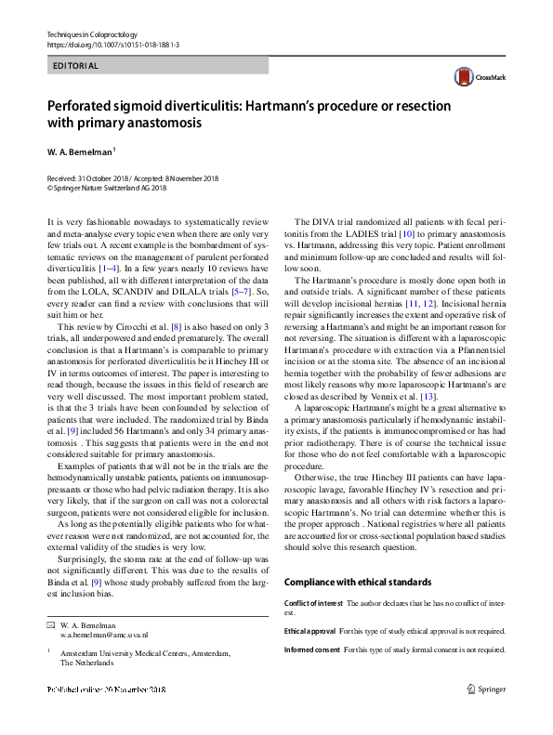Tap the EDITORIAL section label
[73, 66]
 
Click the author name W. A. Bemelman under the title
[80, 149]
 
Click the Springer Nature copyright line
[106, 188]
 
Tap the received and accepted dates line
[125, 177]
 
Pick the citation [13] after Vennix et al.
[428, 395]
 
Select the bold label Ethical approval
[310, 630]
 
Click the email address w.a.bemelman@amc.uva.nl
[104, 633]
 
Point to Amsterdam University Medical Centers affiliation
[145, 653]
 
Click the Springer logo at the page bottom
[486, 689]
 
